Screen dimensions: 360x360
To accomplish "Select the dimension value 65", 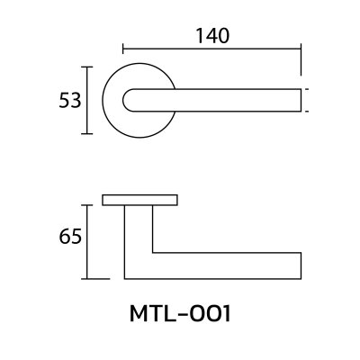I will [71, 237].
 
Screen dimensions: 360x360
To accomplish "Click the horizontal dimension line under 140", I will [213, 49].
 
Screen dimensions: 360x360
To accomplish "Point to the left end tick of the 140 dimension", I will [123, 49].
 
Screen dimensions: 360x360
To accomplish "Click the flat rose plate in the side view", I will [139, 199].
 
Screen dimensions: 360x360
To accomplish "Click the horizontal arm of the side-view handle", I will [225, 265].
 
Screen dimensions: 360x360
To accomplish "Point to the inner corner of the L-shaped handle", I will [152, 251].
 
